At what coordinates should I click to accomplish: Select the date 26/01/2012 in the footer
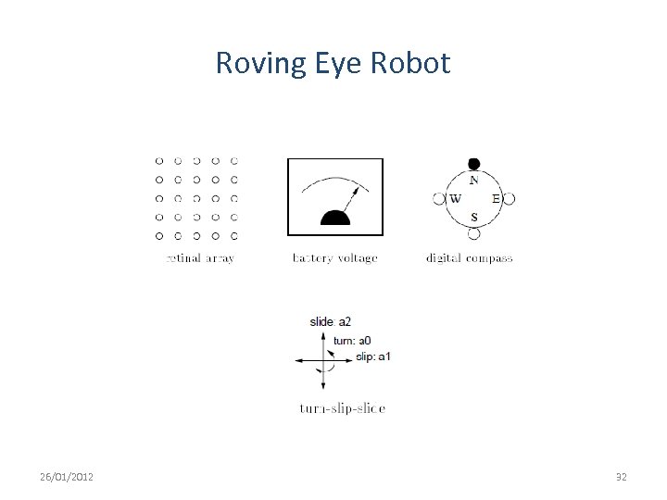[x=66, y=477]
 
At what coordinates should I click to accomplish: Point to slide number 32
[x=622, y=477]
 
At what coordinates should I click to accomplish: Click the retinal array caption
[x=200, y=258]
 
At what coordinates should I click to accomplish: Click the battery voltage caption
[x=334, y=258]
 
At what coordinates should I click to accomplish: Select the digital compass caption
[x=469, y=258]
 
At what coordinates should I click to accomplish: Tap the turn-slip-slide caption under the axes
[x=343, y=407]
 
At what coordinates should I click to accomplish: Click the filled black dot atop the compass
[x=474, y=164]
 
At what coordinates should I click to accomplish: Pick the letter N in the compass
[x=474, y=181]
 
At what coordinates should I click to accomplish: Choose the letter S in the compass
[x=474, y=218]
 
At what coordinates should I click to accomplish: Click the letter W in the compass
[x=455, y=199]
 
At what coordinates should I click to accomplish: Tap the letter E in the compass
[x=496, y=199]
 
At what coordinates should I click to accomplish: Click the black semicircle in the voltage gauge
[x=334, y=219]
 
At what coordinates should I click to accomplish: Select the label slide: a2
[x=331, y=321]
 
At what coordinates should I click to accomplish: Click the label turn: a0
[x=352, y=341]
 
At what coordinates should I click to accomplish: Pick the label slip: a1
[x=373, y=356]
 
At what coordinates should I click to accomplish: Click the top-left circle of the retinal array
[x=159, y=160]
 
